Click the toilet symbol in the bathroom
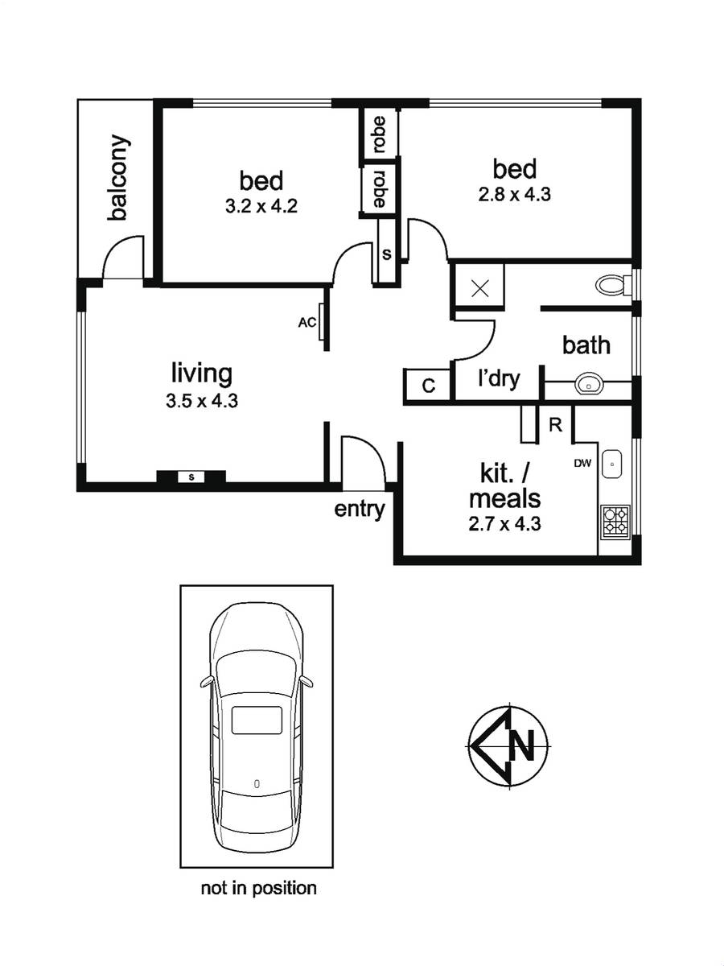pos(613,284)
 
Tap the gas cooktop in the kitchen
pos(615,521)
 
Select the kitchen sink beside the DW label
pos(611,464)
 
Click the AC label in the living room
pos(306,323)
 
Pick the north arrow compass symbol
pos(508,746)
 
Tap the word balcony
pos(119,177)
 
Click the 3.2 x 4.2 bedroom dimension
pos(261,206)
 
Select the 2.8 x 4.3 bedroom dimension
pos(514,194)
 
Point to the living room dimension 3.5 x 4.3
pos(201,401)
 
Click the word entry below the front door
pos(359,510)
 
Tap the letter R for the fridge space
pos(556,425)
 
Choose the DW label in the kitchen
pos(583,463)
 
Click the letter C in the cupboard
pos(429,386)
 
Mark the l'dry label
pos(499,378)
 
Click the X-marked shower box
pos(479,289)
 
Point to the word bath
pos(586,345)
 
